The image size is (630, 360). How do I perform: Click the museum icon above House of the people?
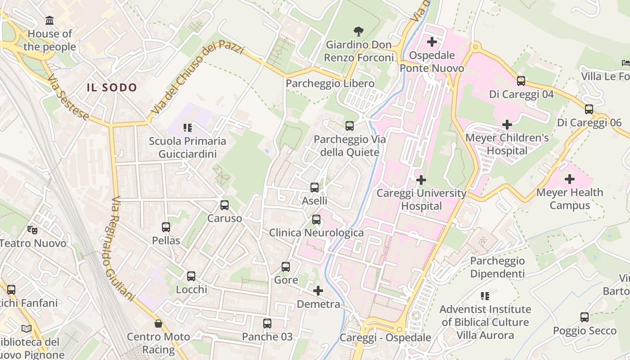tap(49, 21)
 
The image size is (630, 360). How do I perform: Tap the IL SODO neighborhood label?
tap(112, 87)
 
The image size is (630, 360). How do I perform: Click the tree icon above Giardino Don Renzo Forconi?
tap(359, 31)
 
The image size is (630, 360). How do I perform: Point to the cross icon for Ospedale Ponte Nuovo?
tap(432, 42)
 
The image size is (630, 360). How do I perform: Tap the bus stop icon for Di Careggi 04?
tap(521, 81)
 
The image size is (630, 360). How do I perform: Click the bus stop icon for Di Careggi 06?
tap(589, 109)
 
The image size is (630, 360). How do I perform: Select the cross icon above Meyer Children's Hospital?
tap(507, 125)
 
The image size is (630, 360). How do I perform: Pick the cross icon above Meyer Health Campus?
tap(570, 179)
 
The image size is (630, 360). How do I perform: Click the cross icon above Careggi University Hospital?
tap(421, 180)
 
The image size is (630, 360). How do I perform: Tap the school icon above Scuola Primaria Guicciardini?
tap(188, 128)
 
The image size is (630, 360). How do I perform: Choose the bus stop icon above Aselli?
tap(315, 188)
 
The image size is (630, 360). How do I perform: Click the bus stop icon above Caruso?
tap(225, 205)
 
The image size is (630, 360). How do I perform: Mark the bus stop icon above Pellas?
tap(166, 227)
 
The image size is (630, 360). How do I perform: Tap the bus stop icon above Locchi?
tap(191, 276)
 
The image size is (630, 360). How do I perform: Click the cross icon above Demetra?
tap(318, 291)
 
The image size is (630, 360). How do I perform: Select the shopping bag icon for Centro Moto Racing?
tap(158, 324)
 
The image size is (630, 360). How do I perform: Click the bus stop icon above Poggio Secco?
tap(585, 317)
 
